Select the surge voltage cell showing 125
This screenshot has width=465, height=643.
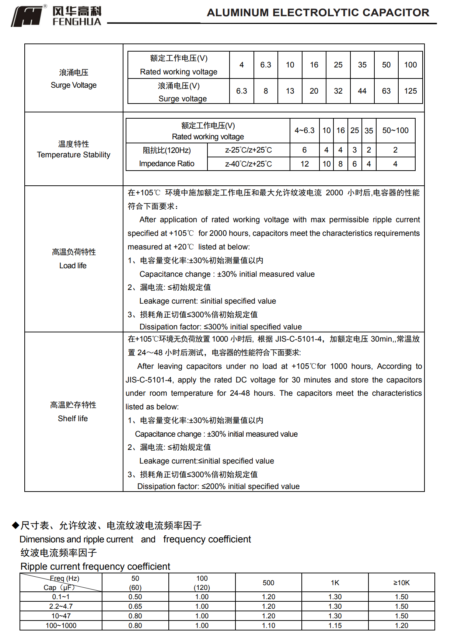pos(410,91)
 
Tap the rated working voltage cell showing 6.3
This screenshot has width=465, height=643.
pos(265,65)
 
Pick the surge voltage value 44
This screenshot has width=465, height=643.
pos(362,91)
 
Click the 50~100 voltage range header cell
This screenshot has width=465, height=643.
pos(395,130)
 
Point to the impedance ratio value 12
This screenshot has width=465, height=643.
pos(304,164)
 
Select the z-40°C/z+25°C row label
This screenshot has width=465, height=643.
pos(248,164)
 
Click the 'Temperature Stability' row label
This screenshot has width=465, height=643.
pos(73,155)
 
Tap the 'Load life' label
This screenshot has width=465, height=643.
pos(73,266)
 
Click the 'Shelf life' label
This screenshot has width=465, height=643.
pos(73,419)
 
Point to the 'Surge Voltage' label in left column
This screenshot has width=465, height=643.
pos(73,85)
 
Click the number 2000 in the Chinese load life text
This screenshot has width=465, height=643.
pos(334,193)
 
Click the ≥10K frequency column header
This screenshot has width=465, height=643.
pos(401,583)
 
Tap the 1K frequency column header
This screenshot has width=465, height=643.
pos(335,583)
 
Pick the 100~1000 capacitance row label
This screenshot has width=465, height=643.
pos(61,625)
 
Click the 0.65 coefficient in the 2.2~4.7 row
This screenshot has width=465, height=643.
pos(135,606)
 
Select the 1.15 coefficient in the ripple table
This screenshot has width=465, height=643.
pos(335,625)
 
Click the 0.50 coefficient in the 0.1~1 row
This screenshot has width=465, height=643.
pos(135,597)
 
